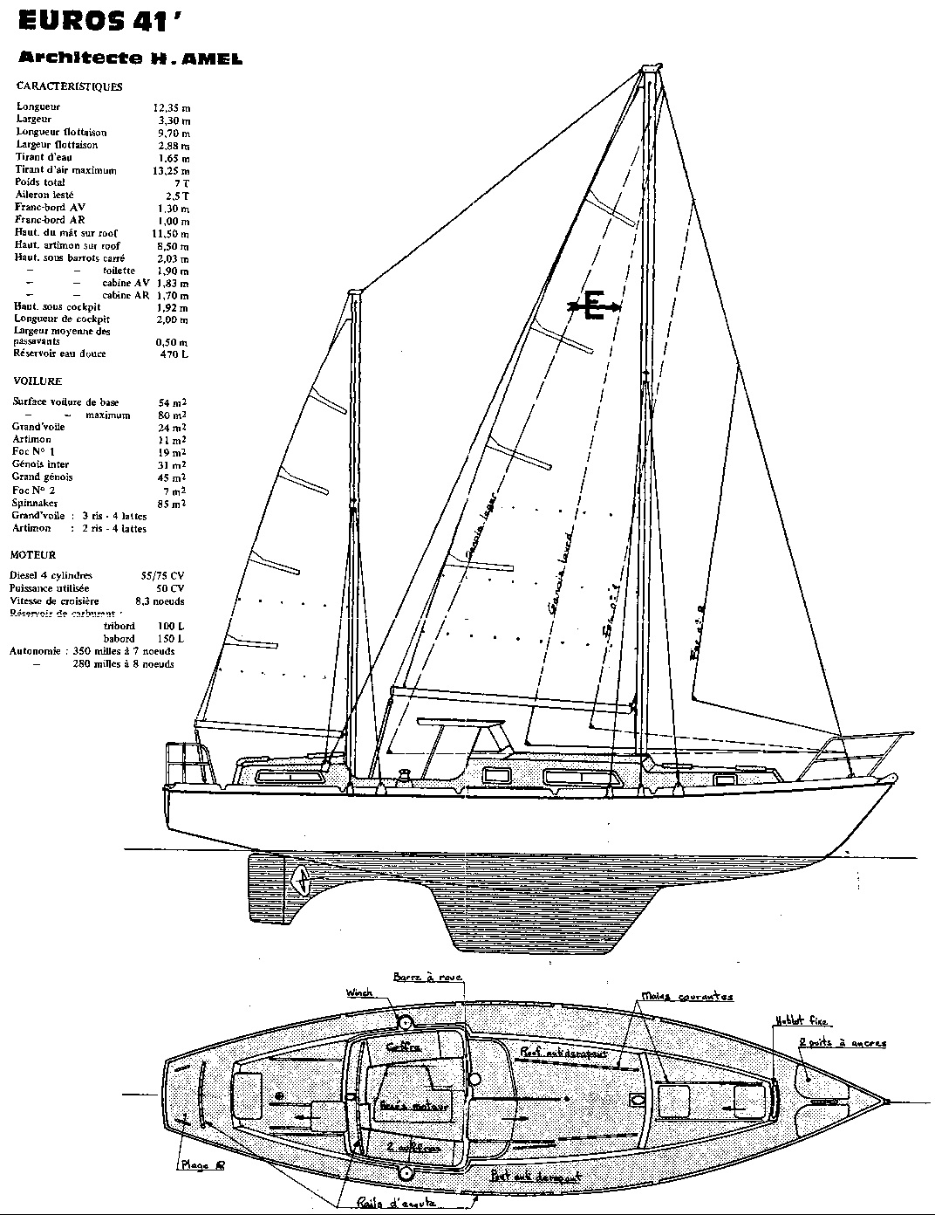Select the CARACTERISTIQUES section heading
coord(70,86)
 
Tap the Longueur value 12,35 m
coord(171,106)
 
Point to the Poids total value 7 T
coord(182,182)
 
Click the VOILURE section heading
coord(38,381)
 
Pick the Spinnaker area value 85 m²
coord(170,504)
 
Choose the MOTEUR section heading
coord(33,554)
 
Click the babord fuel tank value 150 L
coord(170,639)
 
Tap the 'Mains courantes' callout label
coord(687,996)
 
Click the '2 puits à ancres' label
coord(842,1043)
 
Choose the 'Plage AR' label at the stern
coord(201,1164)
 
